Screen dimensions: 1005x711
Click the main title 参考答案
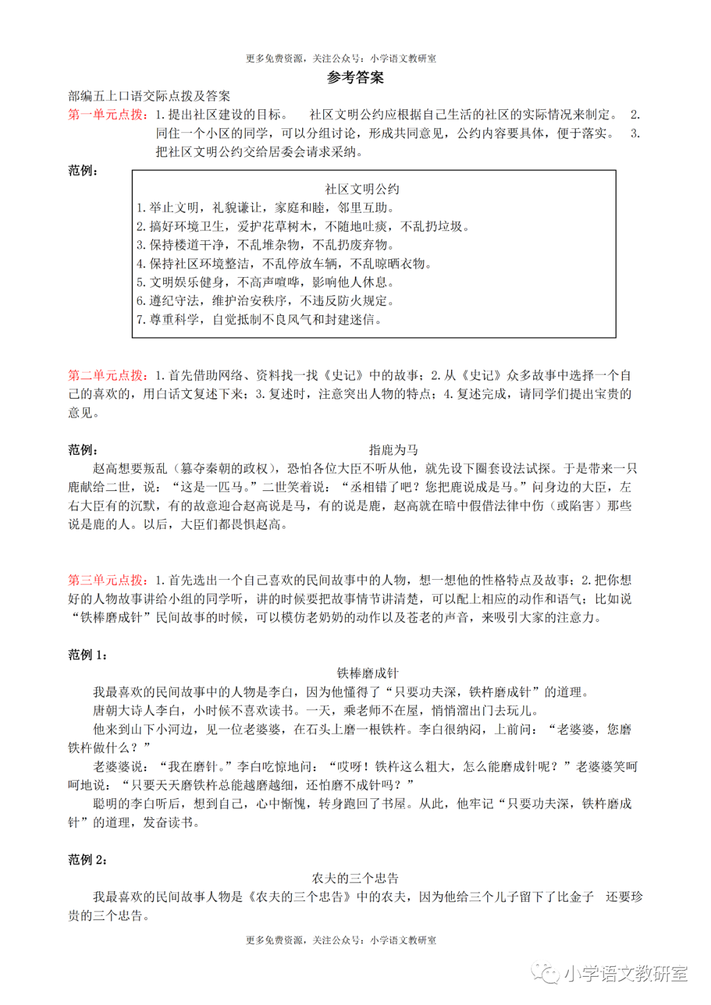pyautogui.click(x=355, y=78)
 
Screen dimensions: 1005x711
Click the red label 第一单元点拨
pyautogui.click(x=108, y=115)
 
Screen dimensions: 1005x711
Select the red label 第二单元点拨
pyautogui.click(x=108, y=375)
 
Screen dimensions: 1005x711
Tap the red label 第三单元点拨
pyautogui.click(x=108, y=580)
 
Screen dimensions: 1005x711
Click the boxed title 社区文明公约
pyautogui.click(x=362, y=189)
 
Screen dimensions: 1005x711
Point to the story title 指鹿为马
pyautogui.click(x=393, y=450)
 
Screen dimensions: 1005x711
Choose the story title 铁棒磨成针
pyautogui.click(x=367, y=673)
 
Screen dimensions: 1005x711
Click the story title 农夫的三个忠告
pyautogui.click(x=355, y=878)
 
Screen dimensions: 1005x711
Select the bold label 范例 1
pyautogui.click(x=88, y=655)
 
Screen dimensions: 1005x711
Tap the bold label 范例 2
pyautogui.click(x=88, y=860)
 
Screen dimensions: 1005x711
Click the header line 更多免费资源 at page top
pyautogui.click(x=341, y=59)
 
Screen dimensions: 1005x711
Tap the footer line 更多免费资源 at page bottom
pyautogui.click(x=341, y=941)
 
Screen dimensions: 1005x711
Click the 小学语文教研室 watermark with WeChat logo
pyautogui.click(x=610, y=973)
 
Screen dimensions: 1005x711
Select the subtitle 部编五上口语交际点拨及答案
pyautogui.click(x=149, y=96)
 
